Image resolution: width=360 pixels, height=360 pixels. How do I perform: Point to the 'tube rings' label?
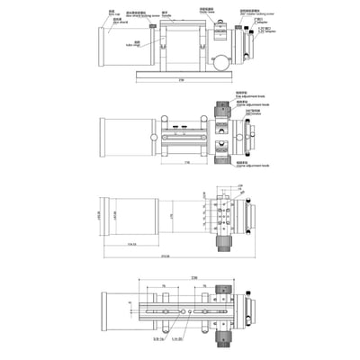[x=136, y=43]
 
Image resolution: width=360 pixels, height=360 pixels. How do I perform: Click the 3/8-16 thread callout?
[x=158, y=339]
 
